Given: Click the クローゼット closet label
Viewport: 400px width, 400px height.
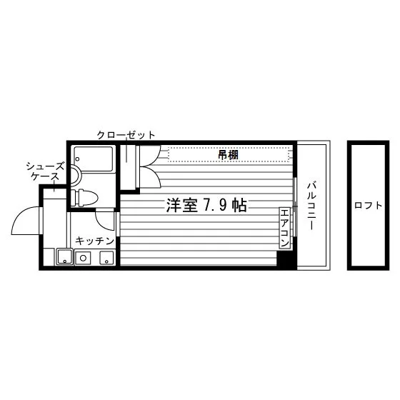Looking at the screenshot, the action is [x=126, y=135].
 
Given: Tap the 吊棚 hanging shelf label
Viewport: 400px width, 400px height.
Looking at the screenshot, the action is [x=228, y=155].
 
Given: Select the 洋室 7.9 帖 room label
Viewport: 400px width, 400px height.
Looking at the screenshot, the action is [x=206, y=206].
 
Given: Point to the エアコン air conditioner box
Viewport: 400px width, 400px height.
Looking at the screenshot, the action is [x=284, y=228].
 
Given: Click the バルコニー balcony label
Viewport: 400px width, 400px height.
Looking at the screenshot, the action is [x=311, y=206].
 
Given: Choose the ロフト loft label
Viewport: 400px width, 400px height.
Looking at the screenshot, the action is [x=368, y=206].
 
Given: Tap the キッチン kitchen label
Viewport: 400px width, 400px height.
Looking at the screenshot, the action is [x=94, y=241].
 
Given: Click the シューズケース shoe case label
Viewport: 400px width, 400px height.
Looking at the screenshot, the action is [x=45, y=171].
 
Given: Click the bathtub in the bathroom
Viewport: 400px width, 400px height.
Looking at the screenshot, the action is [x=94, y=159].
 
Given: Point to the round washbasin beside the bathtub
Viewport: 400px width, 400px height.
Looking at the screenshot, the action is [x=76, y=176].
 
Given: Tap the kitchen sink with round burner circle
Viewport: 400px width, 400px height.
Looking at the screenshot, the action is [x=83, y=258].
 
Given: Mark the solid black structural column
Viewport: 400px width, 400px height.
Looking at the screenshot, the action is [x=286, y=259].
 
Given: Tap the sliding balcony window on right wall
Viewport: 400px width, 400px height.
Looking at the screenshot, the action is [x=294, y=206].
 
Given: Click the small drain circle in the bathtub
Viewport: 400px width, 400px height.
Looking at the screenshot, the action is [x=78, y=159].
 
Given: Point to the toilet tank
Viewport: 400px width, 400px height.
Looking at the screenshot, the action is [x=74, y=198].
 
